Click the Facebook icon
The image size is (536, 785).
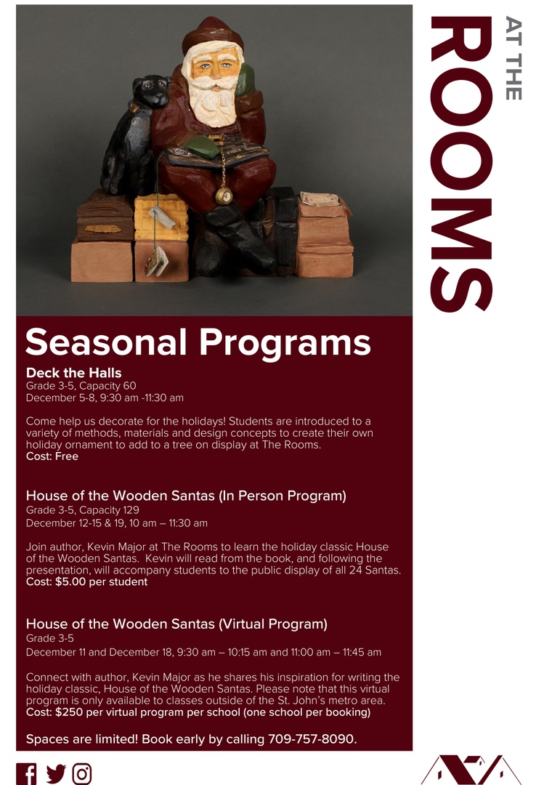click(x=26, y=773)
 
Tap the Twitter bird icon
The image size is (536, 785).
click(x=55, y=773)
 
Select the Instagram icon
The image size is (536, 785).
click(x=82, y=773)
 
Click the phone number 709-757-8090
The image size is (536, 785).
click(x=312, y=739)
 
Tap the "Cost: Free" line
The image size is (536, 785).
click(x=52, y=456)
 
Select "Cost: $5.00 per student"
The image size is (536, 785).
click(x=86, y=582)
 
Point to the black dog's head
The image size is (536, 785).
click(x=150, y=92)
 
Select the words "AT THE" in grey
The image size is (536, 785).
click(x=513, y=58)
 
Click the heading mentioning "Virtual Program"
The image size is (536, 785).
click(x=176, y=624)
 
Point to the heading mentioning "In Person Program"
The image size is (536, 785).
click(x=186, y=496)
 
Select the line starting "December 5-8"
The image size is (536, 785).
click(x=105, y=398)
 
